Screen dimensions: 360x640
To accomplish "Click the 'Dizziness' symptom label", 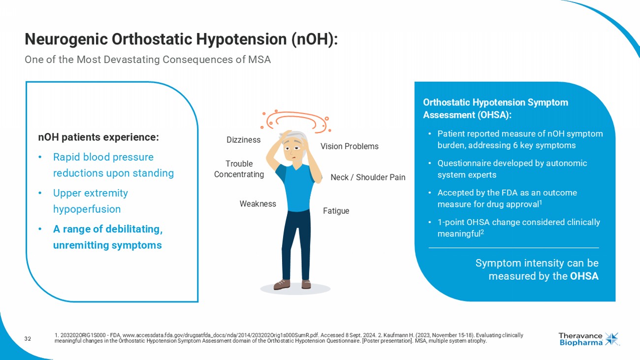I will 243,140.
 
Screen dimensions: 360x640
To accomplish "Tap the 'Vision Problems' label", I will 349,146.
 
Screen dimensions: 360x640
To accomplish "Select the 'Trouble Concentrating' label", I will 239,169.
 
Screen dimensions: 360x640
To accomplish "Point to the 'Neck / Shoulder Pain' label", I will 368,177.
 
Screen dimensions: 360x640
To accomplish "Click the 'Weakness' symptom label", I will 257,204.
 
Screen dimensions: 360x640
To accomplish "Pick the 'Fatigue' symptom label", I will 336,211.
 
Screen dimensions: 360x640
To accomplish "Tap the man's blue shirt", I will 295,187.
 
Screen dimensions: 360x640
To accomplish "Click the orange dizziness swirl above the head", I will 295,120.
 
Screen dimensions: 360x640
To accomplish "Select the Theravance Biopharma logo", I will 588,339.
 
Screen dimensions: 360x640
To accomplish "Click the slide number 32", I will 28,339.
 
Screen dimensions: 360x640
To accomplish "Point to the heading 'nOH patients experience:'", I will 98,137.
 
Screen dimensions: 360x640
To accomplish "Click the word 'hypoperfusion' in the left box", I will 87,209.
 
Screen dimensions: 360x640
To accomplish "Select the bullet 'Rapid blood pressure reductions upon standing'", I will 113,165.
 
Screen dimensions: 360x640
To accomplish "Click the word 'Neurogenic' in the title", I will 65,39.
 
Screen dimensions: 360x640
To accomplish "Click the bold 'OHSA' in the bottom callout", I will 584,276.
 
